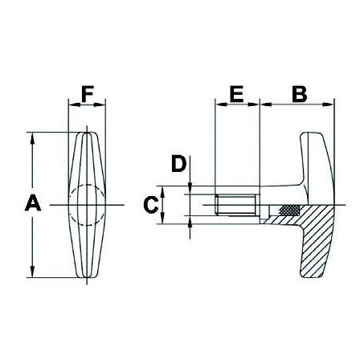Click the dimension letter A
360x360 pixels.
(x=33, y=204)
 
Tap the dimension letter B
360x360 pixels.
(x=299, y=94)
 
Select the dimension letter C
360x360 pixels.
(x=150, y=205)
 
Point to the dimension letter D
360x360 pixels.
(x=178, y=165)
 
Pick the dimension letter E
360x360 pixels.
(x=237, y=94)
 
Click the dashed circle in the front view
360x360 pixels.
(x=88, y=205)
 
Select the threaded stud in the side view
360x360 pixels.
(x=238, y=205)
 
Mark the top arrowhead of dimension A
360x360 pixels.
(x=33, y=137)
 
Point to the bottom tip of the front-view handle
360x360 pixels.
(x=88, y=280)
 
